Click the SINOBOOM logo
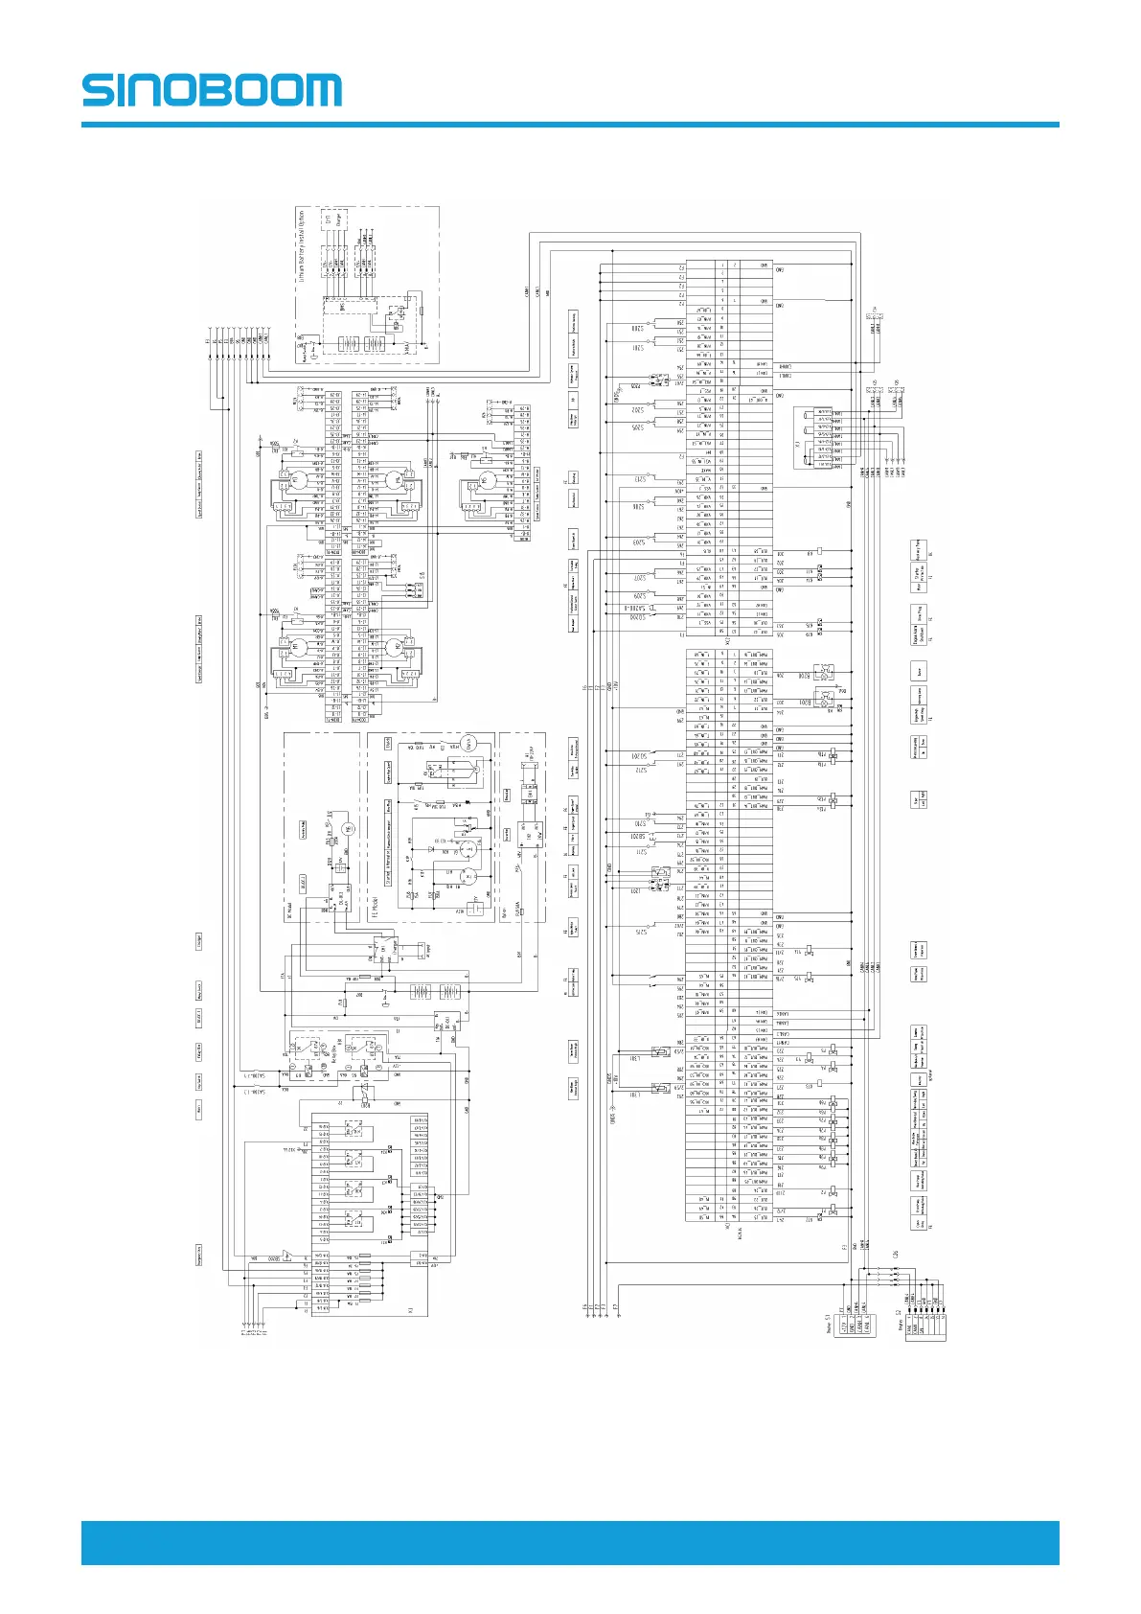pos(212,90)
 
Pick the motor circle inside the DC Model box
pos(348,829)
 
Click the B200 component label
pos(805,676)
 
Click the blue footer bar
pos(570,1542)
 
